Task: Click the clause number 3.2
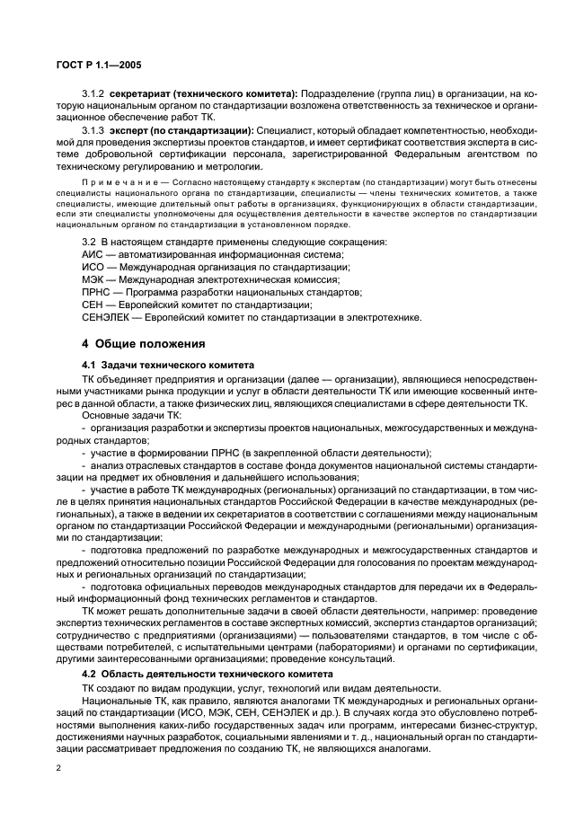[x=90, y=243]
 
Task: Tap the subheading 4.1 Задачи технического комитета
[x=166, y=365]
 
